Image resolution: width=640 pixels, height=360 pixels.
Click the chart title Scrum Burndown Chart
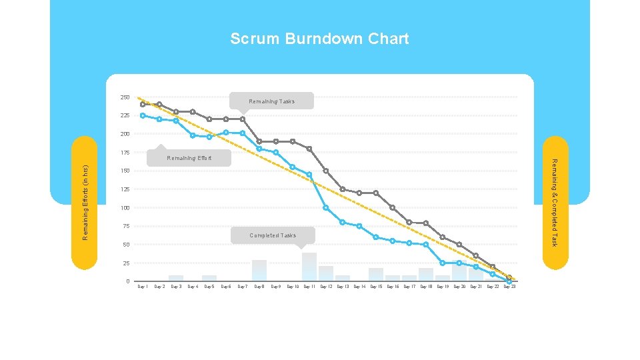(319, 39)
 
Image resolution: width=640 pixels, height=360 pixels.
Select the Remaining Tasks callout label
(271, 101)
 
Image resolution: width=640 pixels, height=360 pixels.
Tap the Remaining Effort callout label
(189, 158)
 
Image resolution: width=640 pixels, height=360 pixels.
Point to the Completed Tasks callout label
(273, 235)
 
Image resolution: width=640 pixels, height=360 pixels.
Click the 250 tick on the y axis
(125, 98)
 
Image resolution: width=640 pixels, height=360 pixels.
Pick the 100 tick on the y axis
(125, 208)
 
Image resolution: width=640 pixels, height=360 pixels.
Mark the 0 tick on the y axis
(127, 281)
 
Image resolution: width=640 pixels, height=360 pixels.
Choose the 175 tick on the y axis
(125, 153)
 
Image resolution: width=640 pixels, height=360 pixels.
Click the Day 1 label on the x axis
(143, 287)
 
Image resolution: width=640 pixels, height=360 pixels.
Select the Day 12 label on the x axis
(326, 287)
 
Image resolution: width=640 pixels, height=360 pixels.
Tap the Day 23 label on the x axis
(509, 287)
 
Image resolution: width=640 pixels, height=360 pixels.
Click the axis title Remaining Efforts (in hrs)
(85, 203)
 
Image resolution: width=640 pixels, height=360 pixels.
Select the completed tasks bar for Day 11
(309, 267)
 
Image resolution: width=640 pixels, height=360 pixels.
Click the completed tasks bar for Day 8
(259, 270)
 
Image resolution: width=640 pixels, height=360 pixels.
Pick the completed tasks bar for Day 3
(176, 278)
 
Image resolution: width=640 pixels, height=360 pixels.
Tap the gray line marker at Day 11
(309, 149)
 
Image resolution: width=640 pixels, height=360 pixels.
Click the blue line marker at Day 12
(326, 208)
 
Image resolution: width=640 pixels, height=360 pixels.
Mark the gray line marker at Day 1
(143, 105)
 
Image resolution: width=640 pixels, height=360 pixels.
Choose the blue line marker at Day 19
(443, 263)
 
